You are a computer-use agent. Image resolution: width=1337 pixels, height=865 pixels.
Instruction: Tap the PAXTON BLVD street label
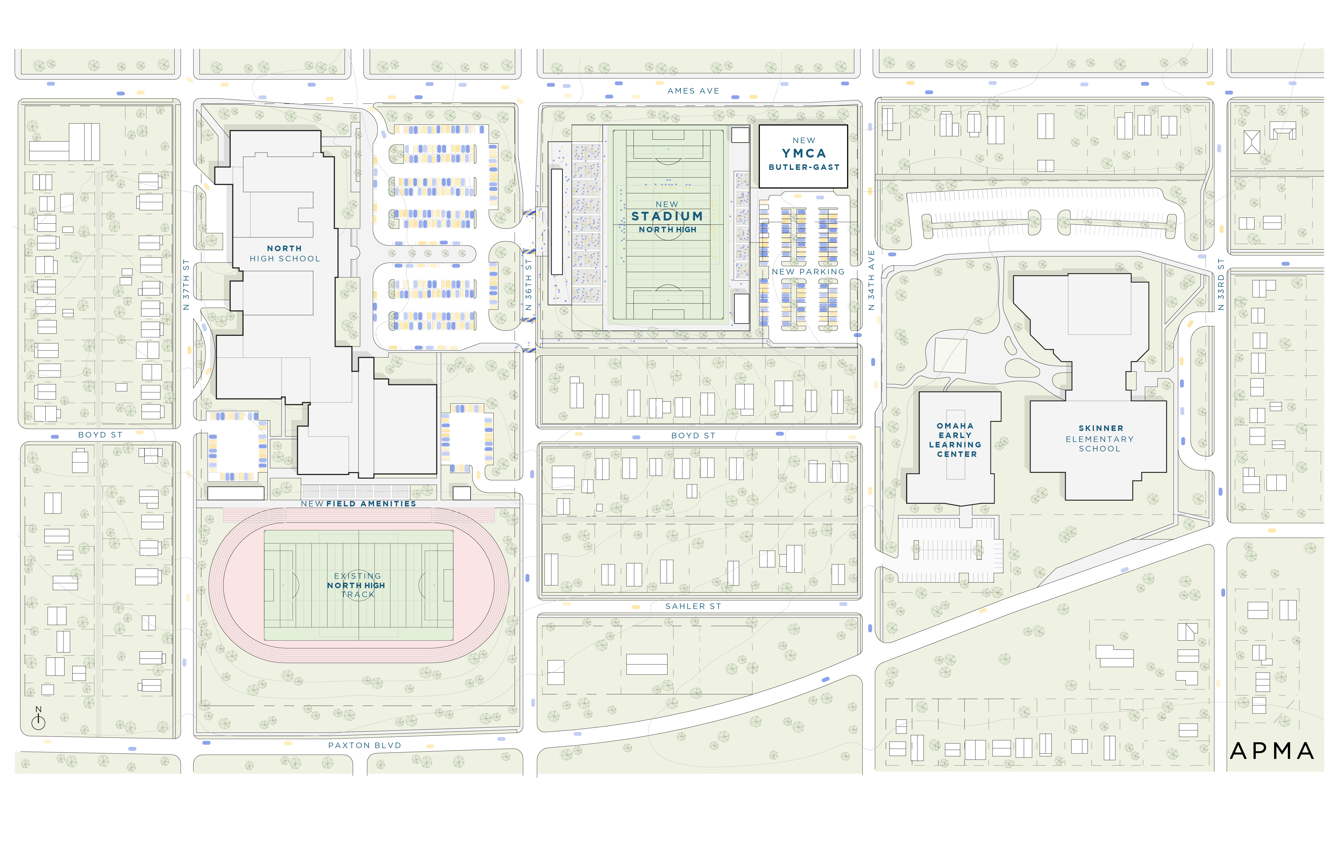click(x=365, y=745)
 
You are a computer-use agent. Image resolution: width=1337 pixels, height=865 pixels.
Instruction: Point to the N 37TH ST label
click(x=186, y=285)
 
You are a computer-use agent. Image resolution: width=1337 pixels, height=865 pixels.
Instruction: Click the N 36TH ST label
click(x=528, y=285)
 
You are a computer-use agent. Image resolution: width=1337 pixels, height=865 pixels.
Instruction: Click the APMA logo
click(x=1272, y=751)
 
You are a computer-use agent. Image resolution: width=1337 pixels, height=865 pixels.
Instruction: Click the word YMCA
click(x=804, y=153)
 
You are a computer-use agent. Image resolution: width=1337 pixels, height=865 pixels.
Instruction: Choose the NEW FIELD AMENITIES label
click(x=358, y=504)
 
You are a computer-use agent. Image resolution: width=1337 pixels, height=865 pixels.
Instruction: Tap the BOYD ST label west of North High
click(x=100, y=435)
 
